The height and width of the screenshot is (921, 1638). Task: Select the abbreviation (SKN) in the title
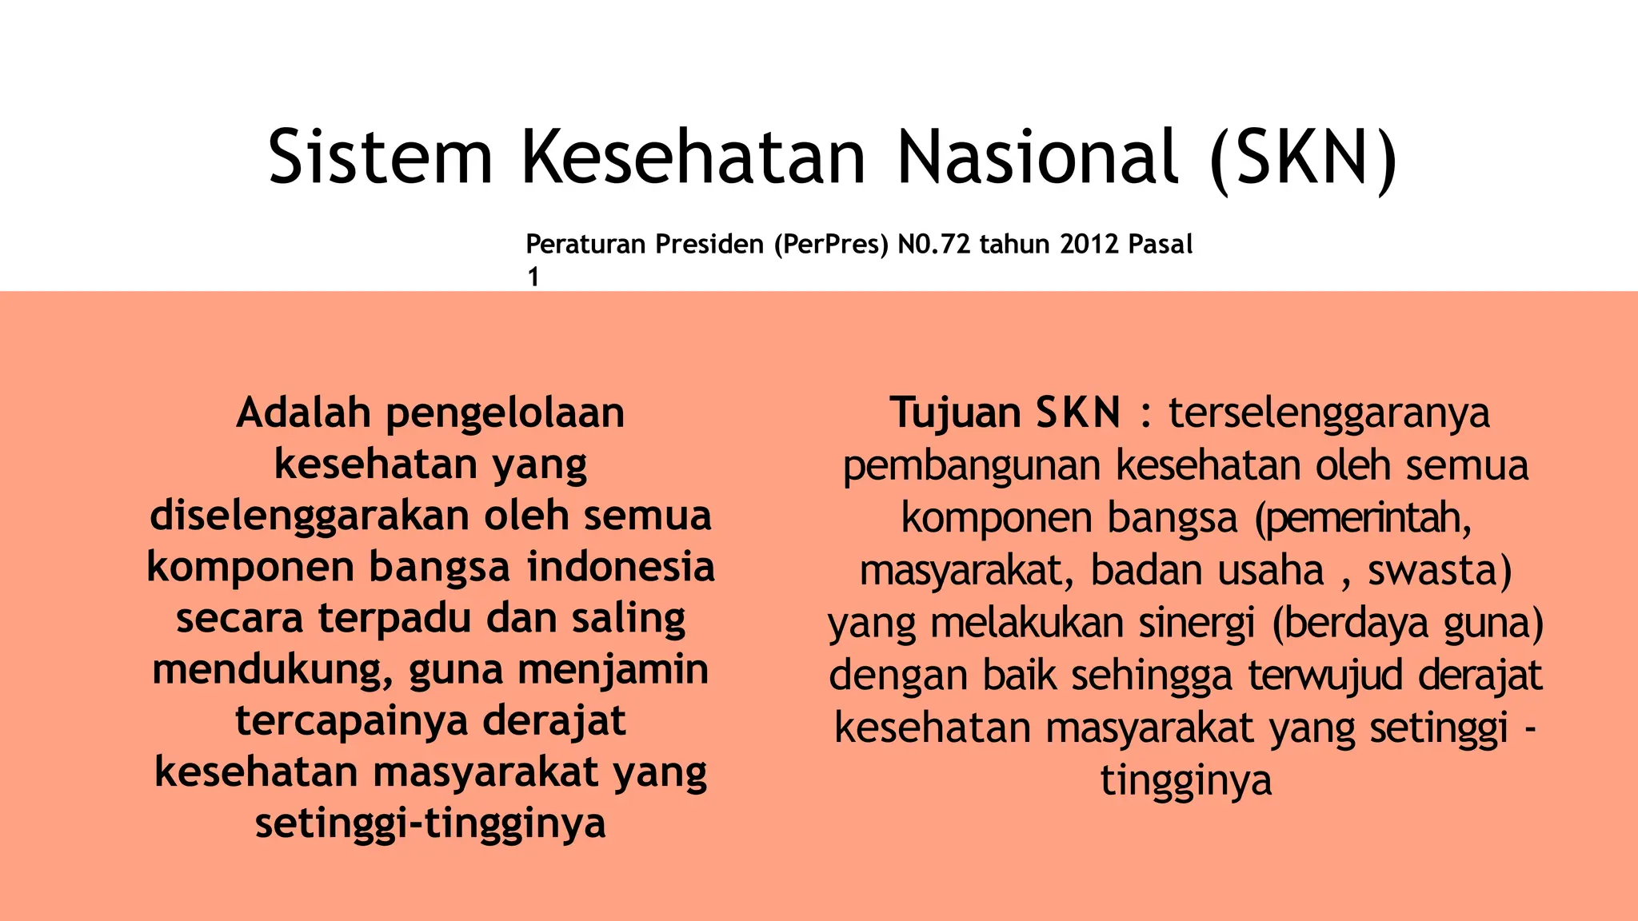[x=1304, y=158]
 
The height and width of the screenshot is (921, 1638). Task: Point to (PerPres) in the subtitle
[x=831, y=244]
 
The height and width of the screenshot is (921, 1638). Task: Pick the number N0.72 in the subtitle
[x=935, y=244]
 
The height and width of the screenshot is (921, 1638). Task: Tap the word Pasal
[x=1160, y=244]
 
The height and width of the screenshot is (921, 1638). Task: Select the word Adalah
[x=304, y=413]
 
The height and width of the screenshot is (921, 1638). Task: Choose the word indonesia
[x=621, y=567]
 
